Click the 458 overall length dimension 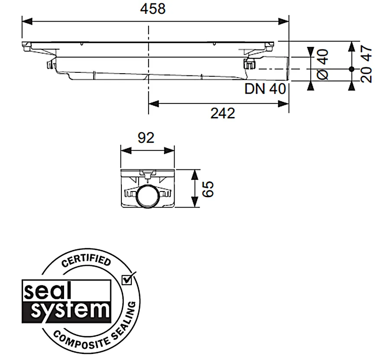click(x=153, y=9)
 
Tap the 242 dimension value click(x=223, y=114)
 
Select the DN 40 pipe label click(x=265, y=89)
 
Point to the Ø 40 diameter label click(x=322, y=65)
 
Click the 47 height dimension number click(x=366, y=53)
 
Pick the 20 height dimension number click(x=366, y=75)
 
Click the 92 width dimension click(x=146, y=138)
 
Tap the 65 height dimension click(x=208, y=189)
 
